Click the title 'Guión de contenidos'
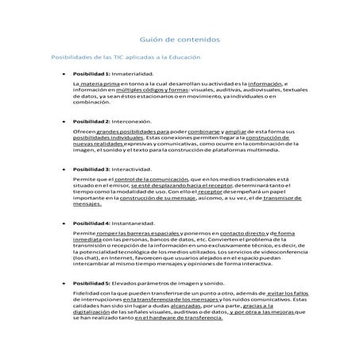tap(180, 38)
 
